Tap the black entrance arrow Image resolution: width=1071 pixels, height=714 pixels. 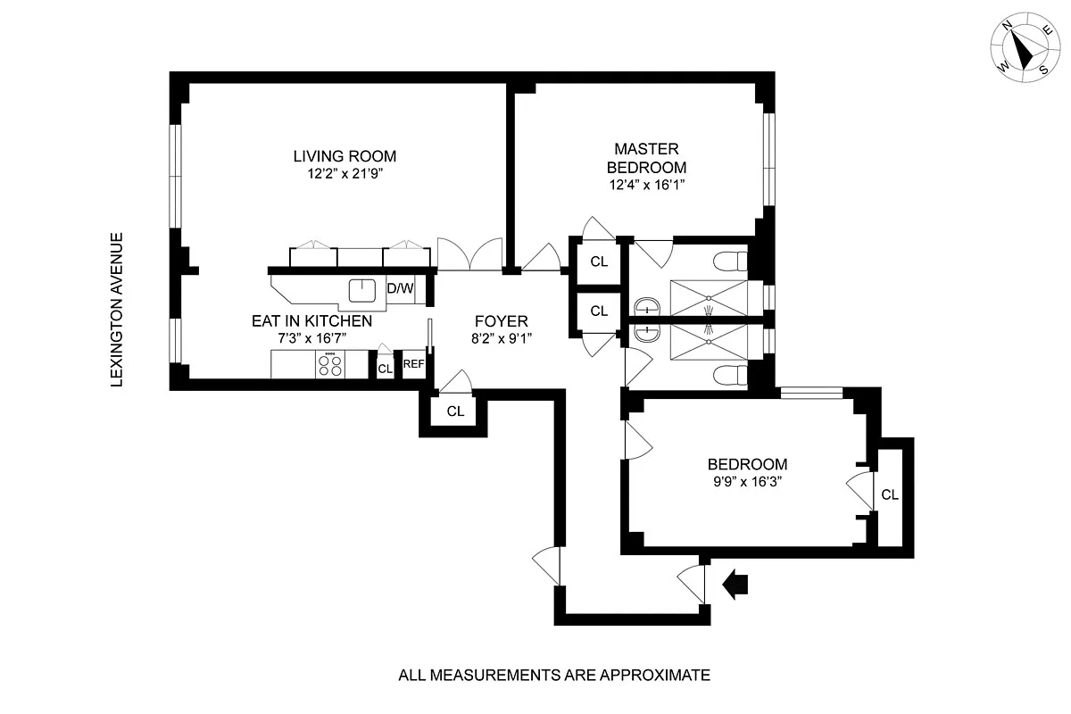(x=736, y=585)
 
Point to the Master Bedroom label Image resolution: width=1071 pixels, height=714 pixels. (x=646, y=158)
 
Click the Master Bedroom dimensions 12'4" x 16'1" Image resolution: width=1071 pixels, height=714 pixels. (x=646, y=186)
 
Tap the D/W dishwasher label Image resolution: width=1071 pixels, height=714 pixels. (x=400, y=288)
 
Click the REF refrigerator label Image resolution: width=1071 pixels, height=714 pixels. (x=413, y=364)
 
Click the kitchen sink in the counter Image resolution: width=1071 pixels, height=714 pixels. (x=361, y=289)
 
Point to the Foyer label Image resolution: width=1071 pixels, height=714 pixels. (x=501, y=321)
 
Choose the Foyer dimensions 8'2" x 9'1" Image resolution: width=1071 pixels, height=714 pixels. (x=501, y=338)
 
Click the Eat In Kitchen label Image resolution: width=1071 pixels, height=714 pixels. (x=311, y=320)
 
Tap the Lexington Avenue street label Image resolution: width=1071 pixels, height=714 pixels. (x=114, y=310)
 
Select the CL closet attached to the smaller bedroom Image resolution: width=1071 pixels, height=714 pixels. (x=889, y=494)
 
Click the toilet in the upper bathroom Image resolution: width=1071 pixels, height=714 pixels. (x=729, y=262)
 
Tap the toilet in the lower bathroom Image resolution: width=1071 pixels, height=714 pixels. (x=729, y=373)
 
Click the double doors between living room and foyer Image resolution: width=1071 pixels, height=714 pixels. (x=470, y=254)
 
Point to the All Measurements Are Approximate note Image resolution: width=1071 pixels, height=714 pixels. (x=553, y=675)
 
